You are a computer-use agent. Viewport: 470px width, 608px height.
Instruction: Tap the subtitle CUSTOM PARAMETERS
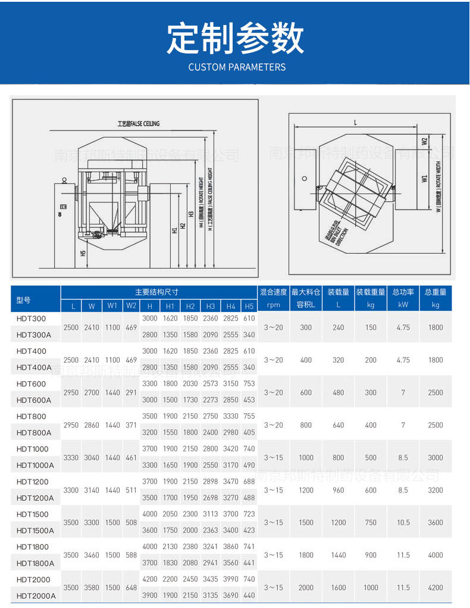pyautogui.click(x=237, y=67)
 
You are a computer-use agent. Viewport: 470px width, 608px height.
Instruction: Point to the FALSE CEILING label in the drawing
pyautogui.click(x=138, y=124)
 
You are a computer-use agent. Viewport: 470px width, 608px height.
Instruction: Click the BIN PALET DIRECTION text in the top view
pyautogui.click(x=341, y=233)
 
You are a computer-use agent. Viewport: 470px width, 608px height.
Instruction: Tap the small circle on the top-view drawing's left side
pyautogui.click(x=305, y=178)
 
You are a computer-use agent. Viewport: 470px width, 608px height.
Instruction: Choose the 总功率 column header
pyautogui.click(x=403, y=292)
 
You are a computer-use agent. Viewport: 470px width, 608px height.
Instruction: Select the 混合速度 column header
pyautogui.click(x=273, y=292)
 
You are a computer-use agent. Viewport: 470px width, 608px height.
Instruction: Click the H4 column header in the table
pyautogui.click(x=230, y=306)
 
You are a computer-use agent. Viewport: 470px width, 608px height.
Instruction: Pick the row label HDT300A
pyautogui.click(x=34, y=335)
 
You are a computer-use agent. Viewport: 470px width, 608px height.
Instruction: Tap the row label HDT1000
pyautogui.click(x=32, y=449)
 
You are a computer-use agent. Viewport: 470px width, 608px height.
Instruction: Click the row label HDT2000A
pyautogui.click(x=36, y=595)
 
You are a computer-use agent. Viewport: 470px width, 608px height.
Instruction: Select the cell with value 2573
pyautogui.click(x=210, y=384)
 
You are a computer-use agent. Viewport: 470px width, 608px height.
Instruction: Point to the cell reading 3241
pyautogui.click(x=210, y=547)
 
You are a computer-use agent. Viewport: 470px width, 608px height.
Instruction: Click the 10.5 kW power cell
pyautogui.click(x=403, y=522)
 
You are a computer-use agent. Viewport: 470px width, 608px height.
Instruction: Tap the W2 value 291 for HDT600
pyautogui.click(x=131, y=392)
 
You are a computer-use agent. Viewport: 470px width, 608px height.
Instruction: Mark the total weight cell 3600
pyautogui.click(x=435, y=522)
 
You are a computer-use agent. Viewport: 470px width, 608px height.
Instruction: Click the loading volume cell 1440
pyautogui.click(x=338, y=555)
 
